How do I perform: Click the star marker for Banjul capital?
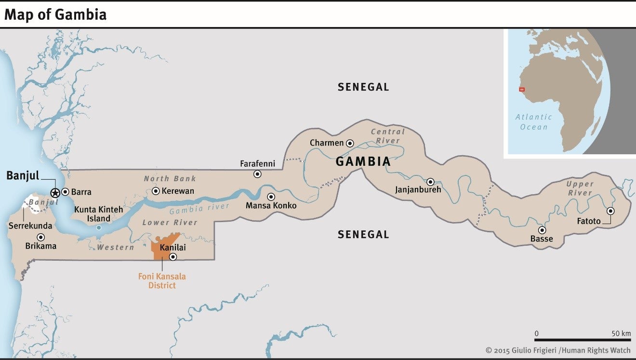[55, 192]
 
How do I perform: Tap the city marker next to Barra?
[65, 192]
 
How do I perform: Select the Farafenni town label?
[257, 164]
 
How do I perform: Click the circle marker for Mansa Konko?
[271, 197]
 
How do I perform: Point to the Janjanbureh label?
[418, 190]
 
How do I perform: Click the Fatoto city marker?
[610, 211]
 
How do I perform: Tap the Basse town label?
[542, 239]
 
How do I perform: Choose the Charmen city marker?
[350, 143]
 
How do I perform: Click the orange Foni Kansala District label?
[162, 281]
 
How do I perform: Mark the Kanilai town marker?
[173, 257]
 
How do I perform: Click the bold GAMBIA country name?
[363, 161]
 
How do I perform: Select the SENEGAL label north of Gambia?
[363, 87]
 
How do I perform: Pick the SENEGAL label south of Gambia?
[363, 235]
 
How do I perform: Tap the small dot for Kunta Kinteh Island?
[99, 227]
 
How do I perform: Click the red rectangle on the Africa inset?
[521, 90]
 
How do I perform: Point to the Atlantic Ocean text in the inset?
[534, 122]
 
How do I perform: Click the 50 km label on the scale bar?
[621, 333]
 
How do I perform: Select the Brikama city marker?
[41, 237]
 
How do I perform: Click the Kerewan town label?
[178, 191]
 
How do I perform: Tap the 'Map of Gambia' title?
[55, 15]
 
